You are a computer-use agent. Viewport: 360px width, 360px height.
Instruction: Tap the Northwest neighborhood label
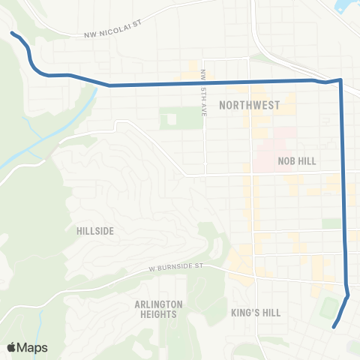coord(248,106)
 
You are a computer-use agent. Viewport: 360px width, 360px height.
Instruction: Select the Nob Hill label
coord(296,160)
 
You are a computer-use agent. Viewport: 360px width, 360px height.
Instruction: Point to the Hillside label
coord(95,231)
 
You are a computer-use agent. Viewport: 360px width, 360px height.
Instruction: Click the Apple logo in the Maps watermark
coord(13,347)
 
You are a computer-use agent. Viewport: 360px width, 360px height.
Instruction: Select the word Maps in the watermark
coord(34,347)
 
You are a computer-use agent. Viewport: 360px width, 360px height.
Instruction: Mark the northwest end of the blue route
coord(12,33)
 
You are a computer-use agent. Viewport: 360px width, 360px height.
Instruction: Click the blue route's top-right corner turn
coord(340,79)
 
